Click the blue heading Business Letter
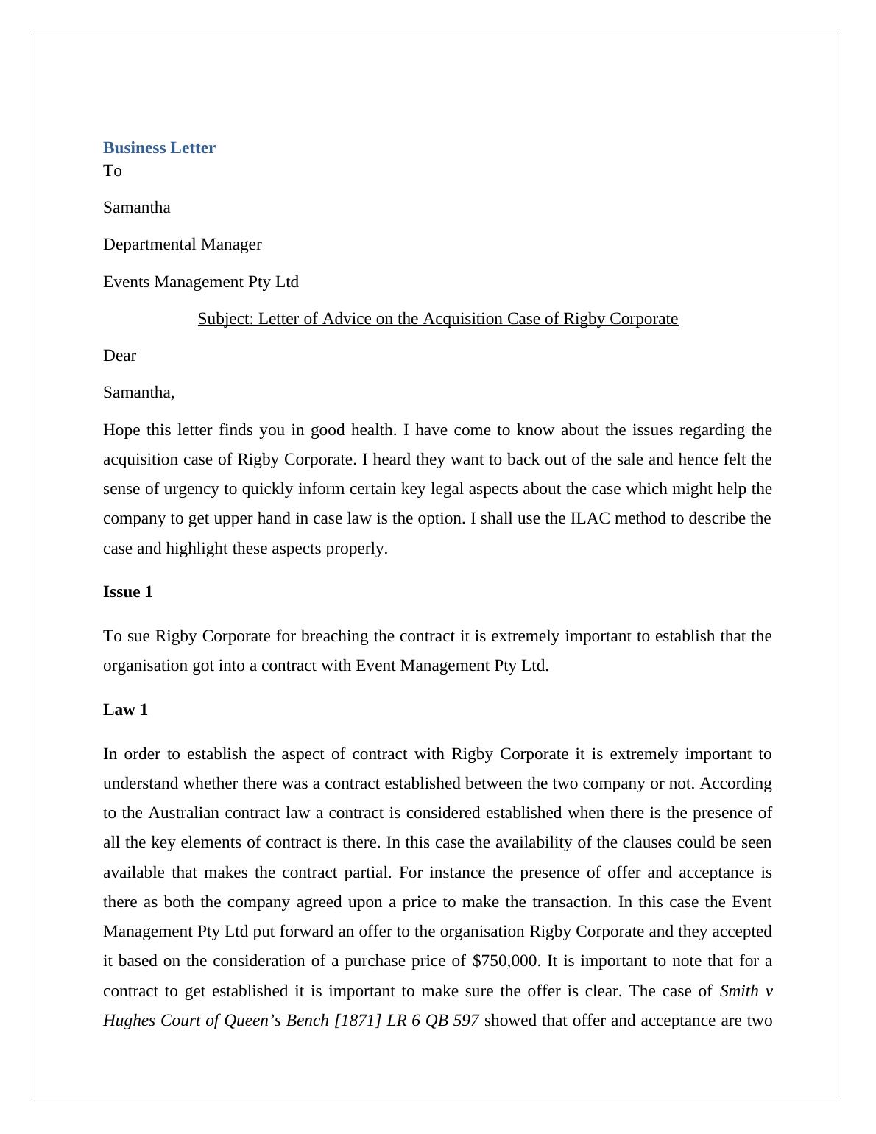click(x=159, y=148)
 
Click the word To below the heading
click(x=112, y=171)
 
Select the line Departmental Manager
click(x=182, y=244)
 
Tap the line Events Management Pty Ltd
click(x=200, y=282)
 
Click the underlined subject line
click(x=437, y=319)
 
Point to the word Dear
click(x=119, y=356)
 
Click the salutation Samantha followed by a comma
click(x=138, y=392)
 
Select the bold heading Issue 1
click(x=127, y=592)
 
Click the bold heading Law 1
click(x=125, y=710)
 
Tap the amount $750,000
click(x=505, y=961)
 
